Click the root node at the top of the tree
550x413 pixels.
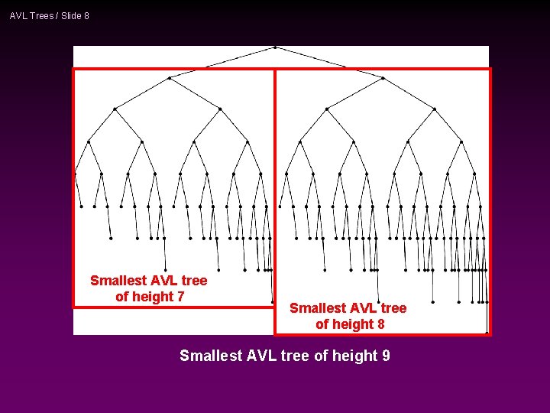(275, 47)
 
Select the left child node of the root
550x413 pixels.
(170, 77)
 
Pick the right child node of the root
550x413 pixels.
(380, 77)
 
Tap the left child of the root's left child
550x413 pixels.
(115, 109)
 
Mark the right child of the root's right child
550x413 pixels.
(434, 109)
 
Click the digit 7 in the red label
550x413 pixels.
(180, 297)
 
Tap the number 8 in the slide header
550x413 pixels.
(86, 15)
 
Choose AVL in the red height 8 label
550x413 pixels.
(364, 308)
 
